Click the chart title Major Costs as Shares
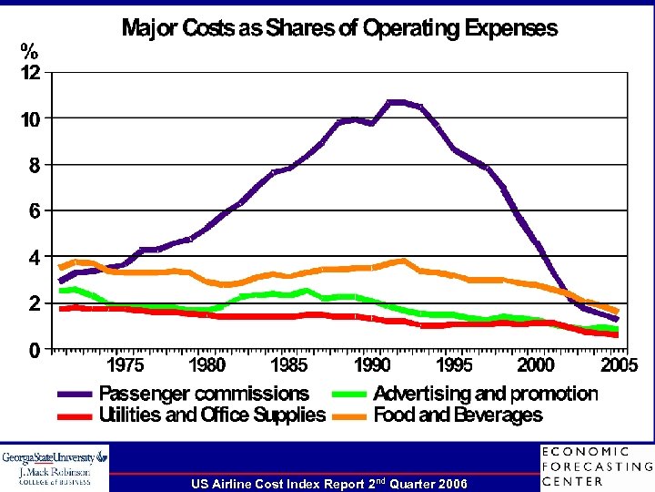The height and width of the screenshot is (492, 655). pos(339,28)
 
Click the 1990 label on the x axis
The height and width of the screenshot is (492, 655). pos(372,365)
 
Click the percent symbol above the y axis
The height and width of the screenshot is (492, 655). pos(31,49)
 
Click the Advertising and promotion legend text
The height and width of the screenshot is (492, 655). pos(485,394)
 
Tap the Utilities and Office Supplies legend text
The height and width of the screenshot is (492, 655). pos(211,415)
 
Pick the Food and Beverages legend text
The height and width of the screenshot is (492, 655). pos(458,415)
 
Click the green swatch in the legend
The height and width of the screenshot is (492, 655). pos(350,395)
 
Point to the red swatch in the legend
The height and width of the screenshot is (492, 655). pos(76,416)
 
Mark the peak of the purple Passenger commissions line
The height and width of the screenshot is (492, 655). pos(397,102)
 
